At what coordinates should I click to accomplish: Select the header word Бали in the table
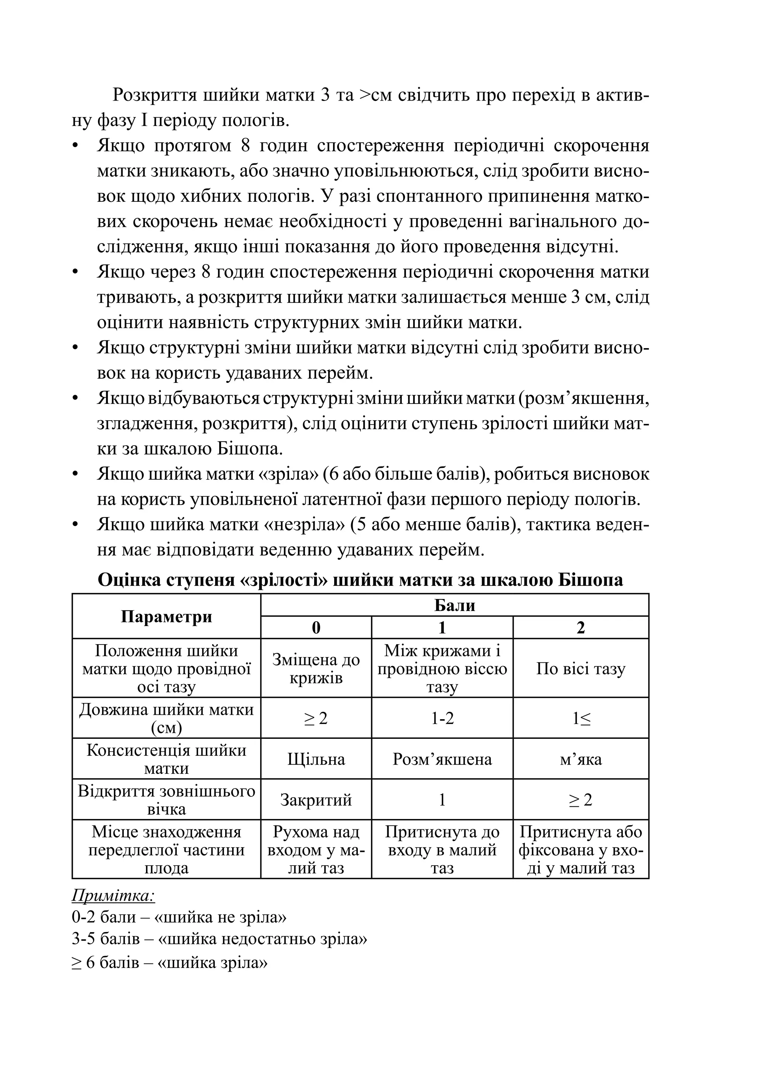coord(454,605)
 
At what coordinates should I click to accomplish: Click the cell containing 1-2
coord(442,718)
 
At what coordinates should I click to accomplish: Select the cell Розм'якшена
coord(442,759)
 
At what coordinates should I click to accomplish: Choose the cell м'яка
coord(580,759)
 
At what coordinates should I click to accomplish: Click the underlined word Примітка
coord(113,896)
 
